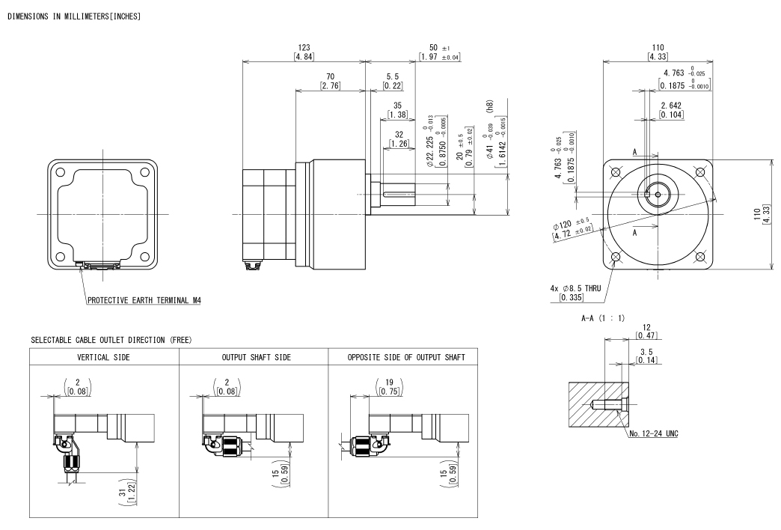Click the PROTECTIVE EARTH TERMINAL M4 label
(144, 300)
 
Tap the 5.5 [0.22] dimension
(393, 81)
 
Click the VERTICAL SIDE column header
(104, 357)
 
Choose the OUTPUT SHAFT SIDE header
(254, 357)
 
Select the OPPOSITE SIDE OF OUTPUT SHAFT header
(402, 357)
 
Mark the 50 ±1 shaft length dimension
(440, 52)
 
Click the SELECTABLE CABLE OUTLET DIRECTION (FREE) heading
(111, 340)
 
